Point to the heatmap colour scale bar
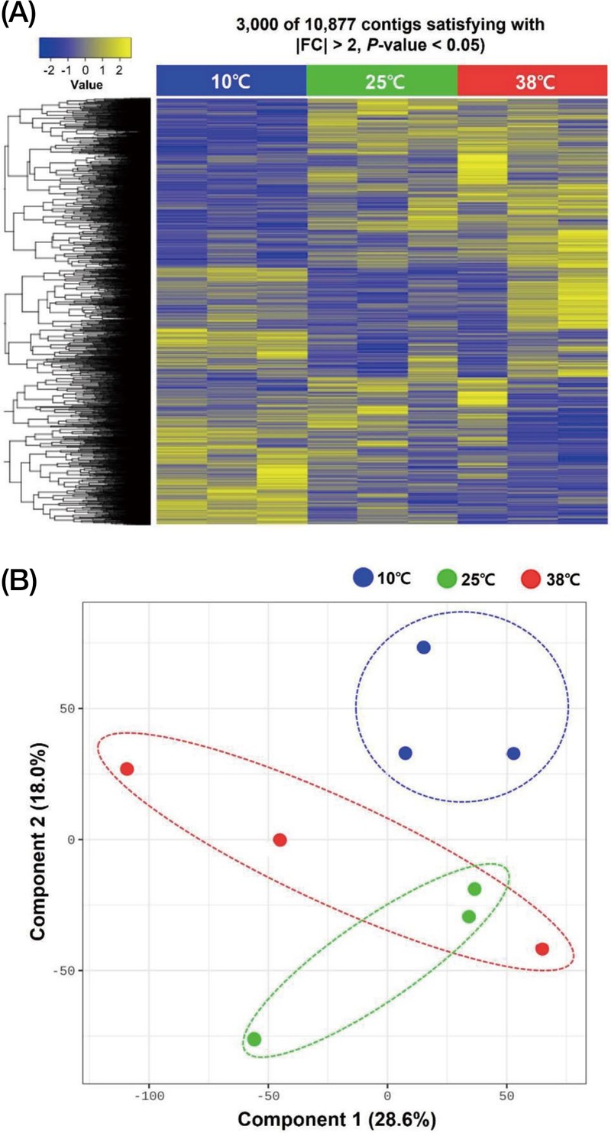85,48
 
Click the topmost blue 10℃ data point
423,648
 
